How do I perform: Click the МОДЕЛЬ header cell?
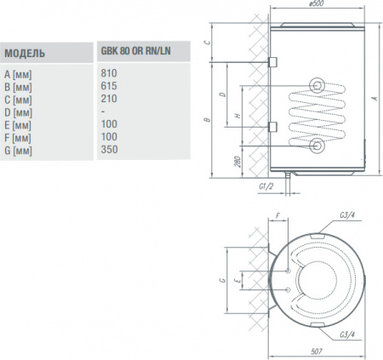(x=25, y=53)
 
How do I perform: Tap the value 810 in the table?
(x=107, y=74)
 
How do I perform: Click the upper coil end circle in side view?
(x=317, y=84)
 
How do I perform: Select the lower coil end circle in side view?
(x=317, y=146)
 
